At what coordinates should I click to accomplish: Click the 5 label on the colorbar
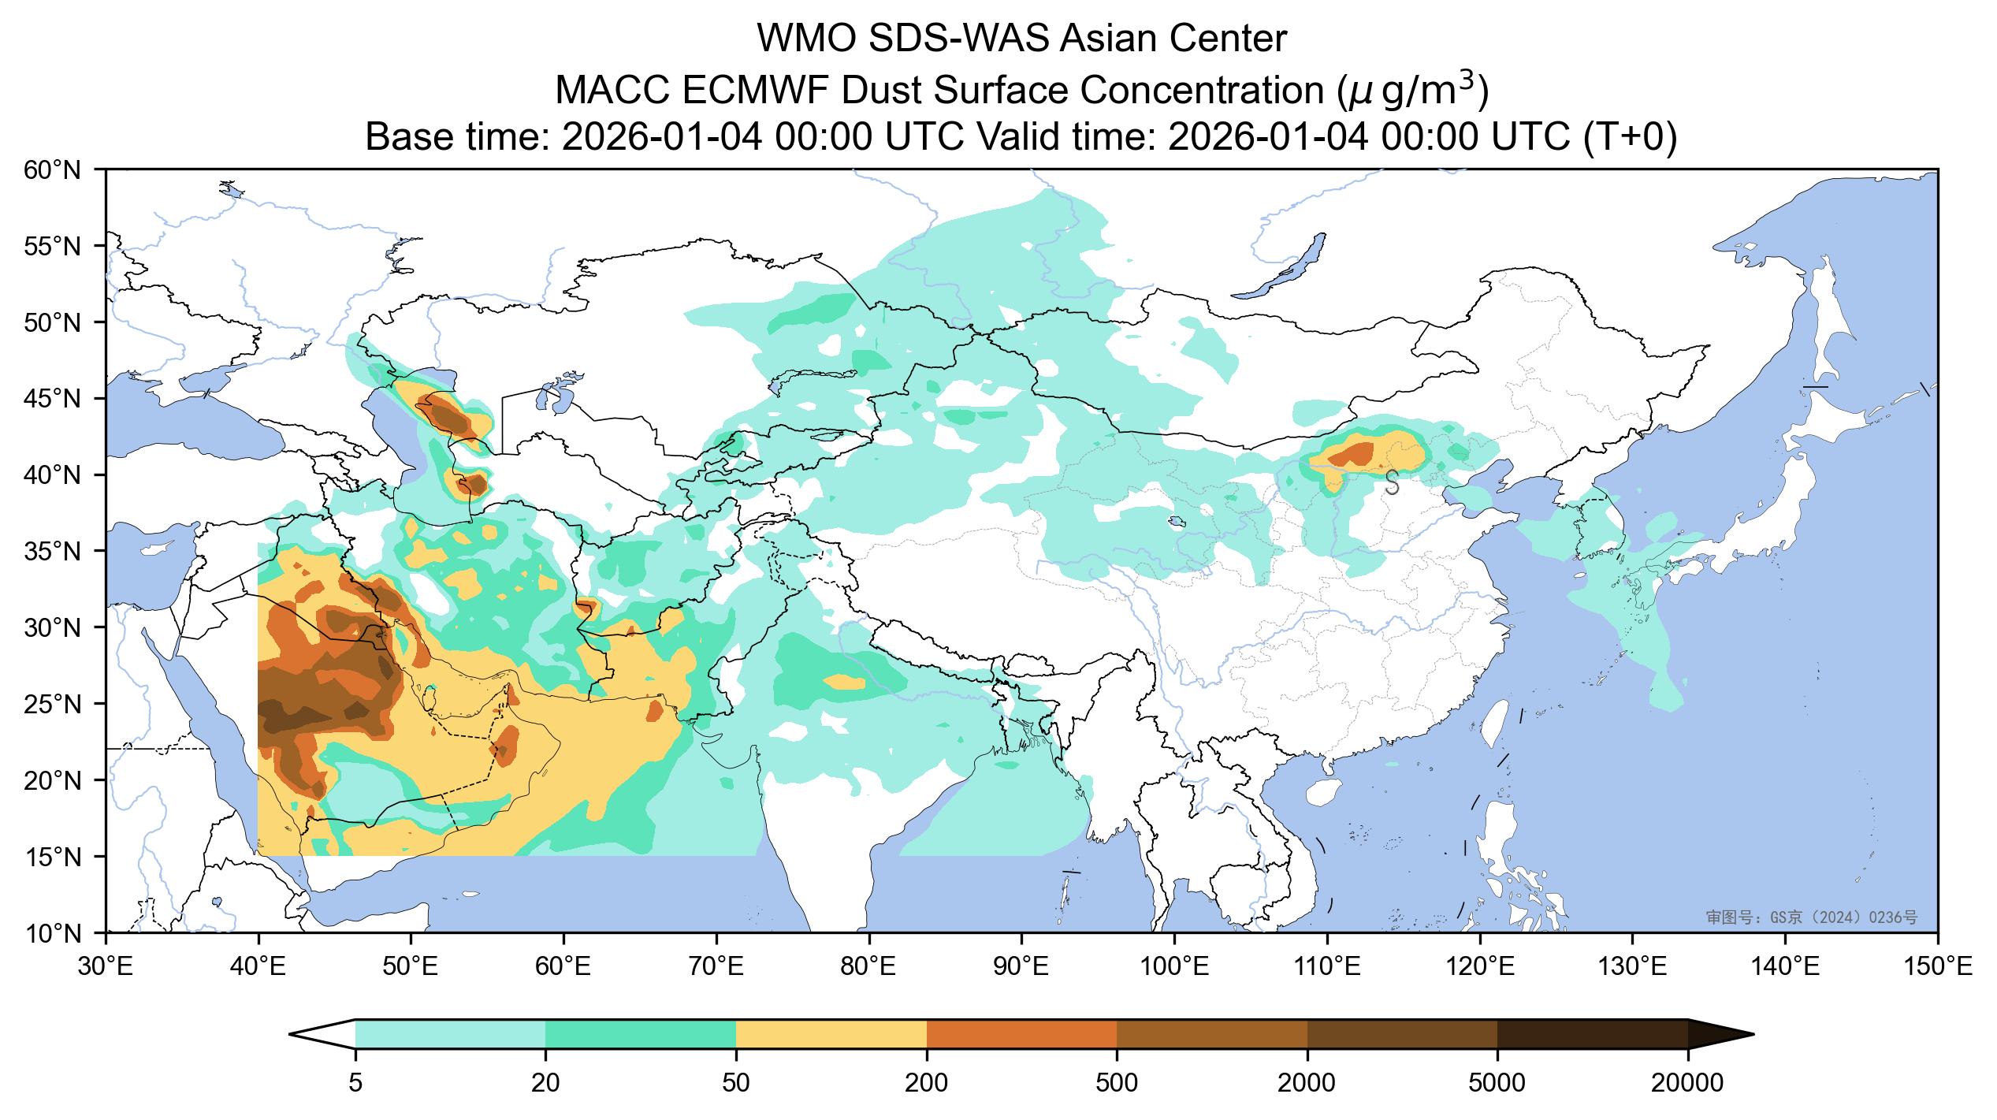(x=355, y=1084)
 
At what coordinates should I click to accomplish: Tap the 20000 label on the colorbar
(x=1687, y=1084)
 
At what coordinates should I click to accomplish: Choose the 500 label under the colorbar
(x=1117, y=1084)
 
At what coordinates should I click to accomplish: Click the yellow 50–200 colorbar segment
(x=831, y=1034)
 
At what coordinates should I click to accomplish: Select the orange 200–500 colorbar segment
(x=1021, y=1034)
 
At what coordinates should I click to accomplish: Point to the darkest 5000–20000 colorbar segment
(x=1592, y=1034)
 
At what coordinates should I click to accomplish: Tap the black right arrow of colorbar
(x=1718, y=1034)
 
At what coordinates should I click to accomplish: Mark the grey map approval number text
(x=1811, y=917)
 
